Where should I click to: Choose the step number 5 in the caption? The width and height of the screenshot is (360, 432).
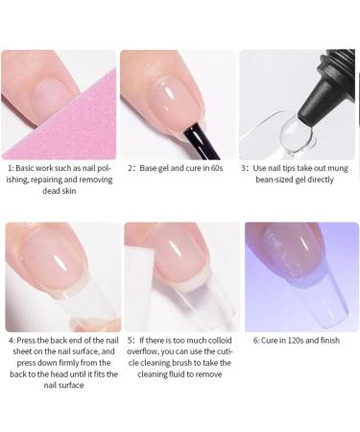click(131, 339)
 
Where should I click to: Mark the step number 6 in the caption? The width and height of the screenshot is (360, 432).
click(256, 339)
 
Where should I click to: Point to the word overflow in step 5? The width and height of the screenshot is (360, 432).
click(145, 350)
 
